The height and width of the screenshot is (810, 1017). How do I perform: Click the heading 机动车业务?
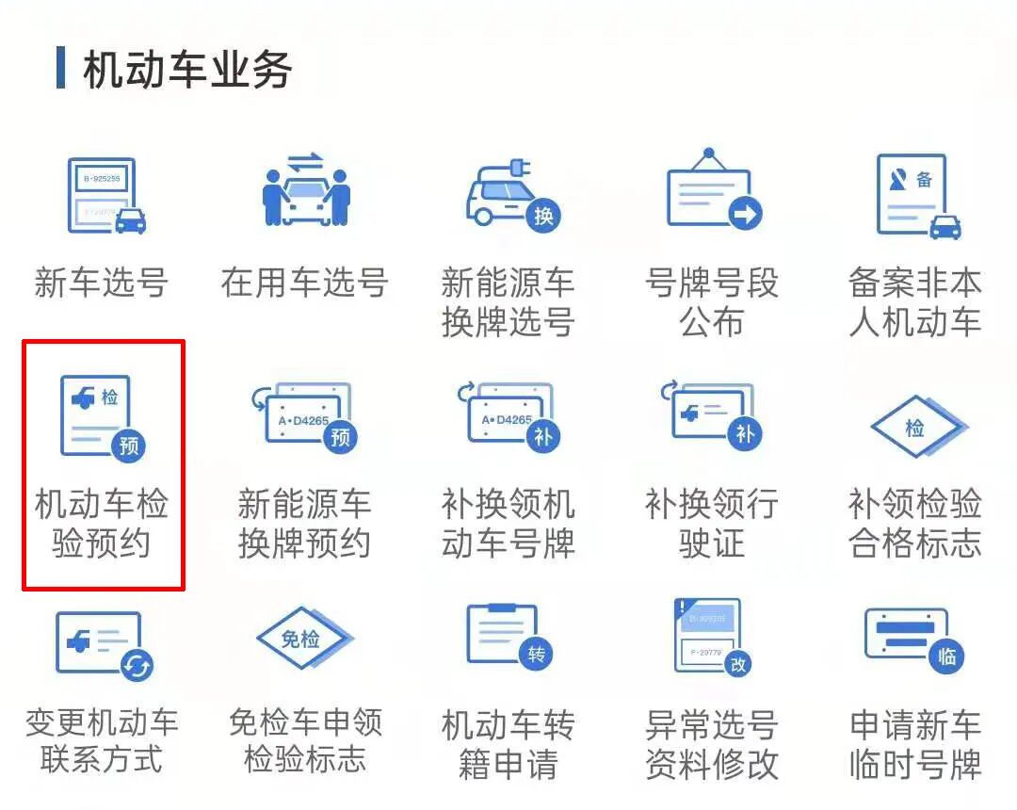pyautogui.click(x=187, y=71)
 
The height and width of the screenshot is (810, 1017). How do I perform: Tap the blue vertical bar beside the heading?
pyautogui.click(x=61, y=68)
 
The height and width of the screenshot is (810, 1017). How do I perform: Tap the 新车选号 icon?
pyautogui.click(x=105, y=197)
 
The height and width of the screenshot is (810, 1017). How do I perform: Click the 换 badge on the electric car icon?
pyautogui.click(x=543, y=216)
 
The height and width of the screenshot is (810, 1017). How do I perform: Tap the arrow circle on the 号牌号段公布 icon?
pyautogui.click(x=745, y=215)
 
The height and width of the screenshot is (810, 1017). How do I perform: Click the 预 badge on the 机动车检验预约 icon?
pyautogui.click(x=129, y=445)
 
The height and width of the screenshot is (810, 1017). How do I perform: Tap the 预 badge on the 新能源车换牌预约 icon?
pyautogui.click(x=340, y=436)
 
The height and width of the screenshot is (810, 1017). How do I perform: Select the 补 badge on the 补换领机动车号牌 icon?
pyautogui.click(x=543, y=435)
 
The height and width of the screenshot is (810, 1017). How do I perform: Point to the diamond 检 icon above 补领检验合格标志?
pyautogui.click(x=914, y=429)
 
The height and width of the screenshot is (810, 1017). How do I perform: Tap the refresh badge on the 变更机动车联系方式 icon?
pyautogui.click(x=137, y=666)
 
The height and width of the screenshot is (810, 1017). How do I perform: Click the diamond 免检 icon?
pyautogui.click(x=301, y=640)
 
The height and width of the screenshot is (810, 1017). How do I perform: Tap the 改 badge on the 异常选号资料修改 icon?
pyautogui.click(x=739, y=664)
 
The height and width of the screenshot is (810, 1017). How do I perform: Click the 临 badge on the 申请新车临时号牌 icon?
pyautogui.click(x=945, y=656)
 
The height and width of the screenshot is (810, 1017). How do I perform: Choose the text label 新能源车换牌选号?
pyautogui.click(x=508, y=301)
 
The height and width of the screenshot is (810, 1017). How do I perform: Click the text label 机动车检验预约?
pyautogui.click(x=102, y=524)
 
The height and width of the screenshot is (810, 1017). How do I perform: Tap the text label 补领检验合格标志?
pyautogui.click(x=915, y=524)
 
